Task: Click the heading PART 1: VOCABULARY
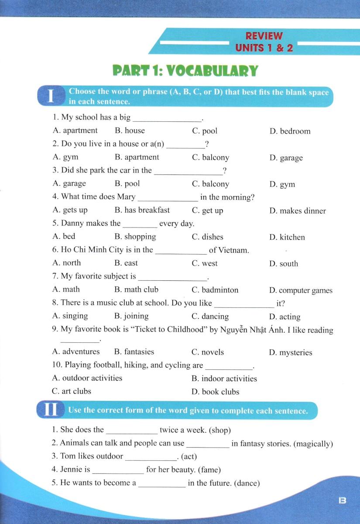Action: [x=185, y=71]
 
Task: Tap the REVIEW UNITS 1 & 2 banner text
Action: [x=264, y=42]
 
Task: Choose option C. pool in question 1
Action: [x=204, y=131]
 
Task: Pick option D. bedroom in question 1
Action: [x=290, y=131]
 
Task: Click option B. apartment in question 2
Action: [x=137, y=157]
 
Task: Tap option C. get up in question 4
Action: [x=207, y=210]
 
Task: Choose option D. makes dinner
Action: [x=297, y=211]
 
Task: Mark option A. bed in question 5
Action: [x=64, y=236]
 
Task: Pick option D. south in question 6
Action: [x=284, y=264]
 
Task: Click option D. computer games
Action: [x=301, y=290]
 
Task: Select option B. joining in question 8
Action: [x=131, y=316]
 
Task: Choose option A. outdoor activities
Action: [x=87, y=378]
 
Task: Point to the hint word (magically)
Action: [x=313, y=444]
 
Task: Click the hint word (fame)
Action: [x=209, y=470]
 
